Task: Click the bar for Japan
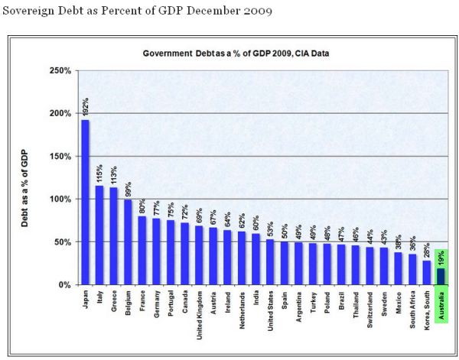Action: (85, 202)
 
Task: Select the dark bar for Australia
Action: (440, 276)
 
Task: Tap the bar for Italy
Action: (99, 235)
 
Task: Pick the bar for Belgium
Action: (127, 242)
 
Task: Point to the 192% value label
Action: (85, 106)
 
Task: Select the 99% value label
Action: (127, 167)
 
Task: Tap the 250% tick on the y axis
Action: (61, 70)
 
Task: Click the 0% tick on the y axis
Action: (65, 284)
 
